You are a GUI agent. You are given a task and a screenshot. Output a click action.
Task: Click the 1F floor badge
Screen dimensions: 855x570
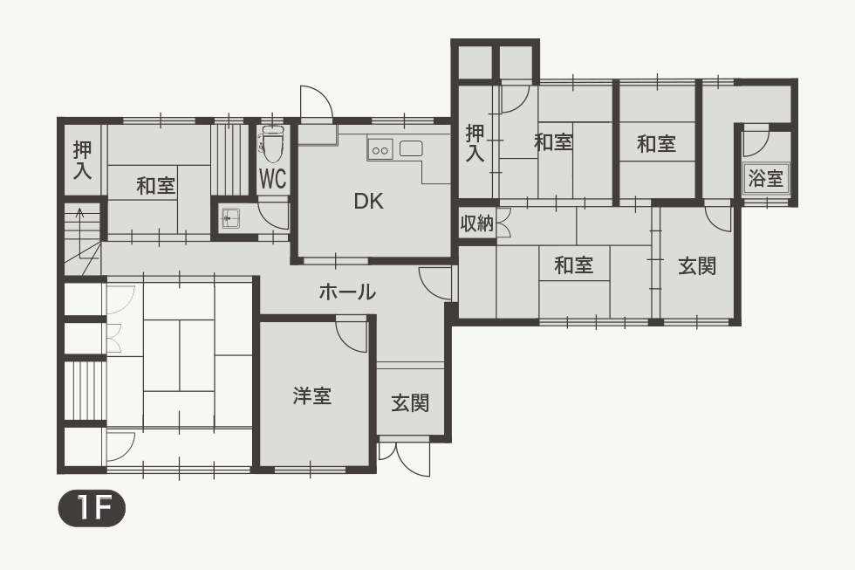[x=92, y=508]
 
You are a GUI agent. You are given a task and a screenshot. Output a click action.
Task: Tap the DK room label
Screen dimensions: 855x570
[x=368, y=202]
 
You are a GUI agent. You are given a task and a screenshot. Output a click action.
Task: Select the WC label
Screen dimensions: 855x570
[x=272, y=178]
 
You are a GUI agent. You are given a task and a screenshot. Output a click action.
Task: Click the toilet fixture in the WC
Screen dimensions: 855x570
[x=272, y=143]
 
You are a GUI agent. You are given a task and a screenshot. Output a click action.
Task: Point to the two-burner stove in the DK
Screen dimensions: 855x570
[x=380, y=149]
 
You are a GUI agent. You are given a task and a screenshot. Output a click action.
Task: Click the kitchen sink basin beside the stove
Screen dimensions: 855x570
[x=411, y=148]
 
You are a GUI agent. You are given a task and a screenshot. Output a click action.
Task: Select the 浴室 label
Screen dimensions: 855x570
[x=766, y=178]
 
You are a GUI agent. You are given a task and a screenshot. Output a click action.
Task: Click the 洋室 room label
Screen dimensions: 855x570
[x=312, y=396]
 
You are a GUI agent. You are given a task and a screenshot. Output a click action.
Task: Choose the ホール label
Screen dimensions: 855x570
[x=347, y=292]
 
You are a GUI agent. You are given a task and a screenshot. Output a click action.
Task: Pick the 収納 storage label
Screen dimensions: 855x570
[x=476, y=223]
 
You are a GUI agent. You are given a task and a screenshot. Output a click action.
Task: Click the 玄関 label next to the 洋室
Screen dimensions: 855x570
[x=410, y=403]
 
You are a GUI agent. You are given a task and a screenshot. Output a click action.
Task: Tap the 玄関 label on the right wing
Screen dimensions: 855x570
[x=697, y=266]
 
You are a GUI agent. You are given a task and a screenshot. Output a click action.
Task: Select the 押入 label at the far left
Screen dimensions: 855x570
[x=82, y=161]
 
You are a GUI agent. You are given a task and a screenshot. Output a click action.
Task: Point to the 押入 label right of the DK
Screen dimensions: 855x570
[x=475, y=143]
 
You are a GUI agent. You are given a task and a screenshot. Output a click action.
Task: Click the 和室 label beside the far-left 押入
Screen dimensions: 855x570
[x=156, y=185]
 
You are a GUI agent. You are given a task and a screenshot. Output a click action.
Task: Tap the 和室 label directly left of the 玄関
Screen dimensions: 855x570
[x=574, y=265]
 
